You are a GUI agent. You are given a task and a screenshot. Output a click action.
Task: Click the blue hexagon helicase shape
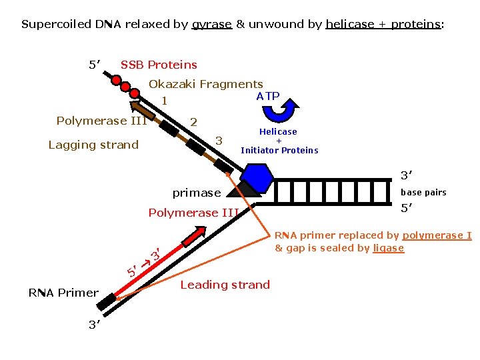[256, 177]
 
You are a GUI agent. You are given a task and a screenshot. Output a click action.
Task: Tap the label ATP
[268, 96]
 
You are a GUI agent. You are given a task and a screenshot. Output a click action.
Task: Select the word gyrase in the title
[211, 25]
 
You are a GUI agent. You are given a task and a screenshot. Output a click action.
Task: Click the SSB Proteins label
[159, 65]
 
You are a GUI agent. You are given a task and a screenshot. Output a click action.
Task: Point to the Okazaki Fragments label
[205, 84]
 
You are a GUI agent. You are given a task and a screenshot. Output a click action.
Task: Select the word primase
[196, 193]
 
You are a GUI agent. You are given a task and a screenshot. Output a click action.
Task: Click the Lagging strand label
[93, 145]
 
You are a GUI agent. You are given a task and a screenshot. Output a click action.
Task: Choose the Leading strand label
[225, 285]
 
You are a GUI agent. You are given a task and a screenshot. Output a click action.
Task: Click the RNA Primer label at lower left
[63, 292]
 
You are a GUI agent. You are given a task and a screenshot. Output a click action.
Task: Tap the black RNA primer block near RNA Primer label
[105, 303]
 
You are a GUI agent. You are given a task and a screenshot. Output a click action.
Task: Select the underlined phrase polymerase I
[437, 235]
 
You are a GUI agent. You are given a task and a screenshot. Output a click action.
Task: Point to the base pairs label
[423, 192]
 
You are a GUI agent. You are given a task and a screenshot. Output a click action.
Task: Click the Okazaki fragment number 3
[218, 140]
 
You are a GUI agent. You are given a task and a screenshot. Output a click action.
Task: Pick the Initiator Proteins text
[279, 150]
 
